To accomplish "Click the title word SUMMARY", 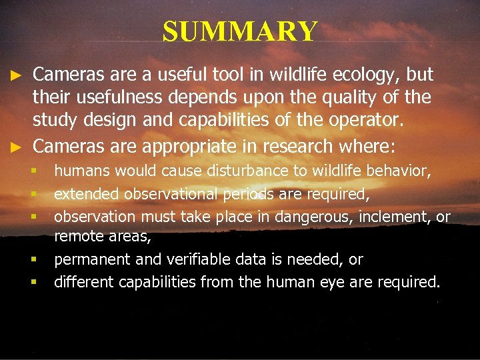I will (x=240, y=31).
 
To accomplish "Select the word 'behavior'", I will (x=400, y=171).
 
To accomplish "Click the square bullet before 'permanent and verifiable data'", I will (x=33, y=259).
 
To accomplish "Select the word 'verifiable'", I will (x=189, y=259).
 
